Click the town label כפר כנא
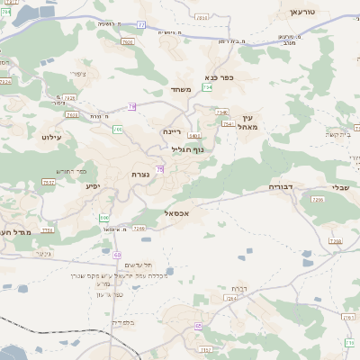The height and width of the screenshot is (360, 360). click(219, 78)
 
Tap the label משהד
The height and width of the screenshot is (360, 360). click(182, 90)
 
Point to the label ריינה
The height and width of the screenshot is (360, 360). click(173, 130)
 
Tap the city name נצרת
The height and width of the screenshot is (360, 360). click(152, 174)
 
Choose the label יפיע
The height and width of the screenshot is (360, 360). click(93, 186)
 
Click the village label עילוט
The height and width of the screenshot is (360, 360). click(50, 137)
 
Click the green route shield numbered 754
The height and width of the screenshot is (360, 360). click(208, 87)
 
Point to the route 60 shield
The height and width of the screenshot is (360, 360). click(117, 255)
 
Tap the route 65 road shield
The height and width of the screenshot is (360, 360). click(197, 326)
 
